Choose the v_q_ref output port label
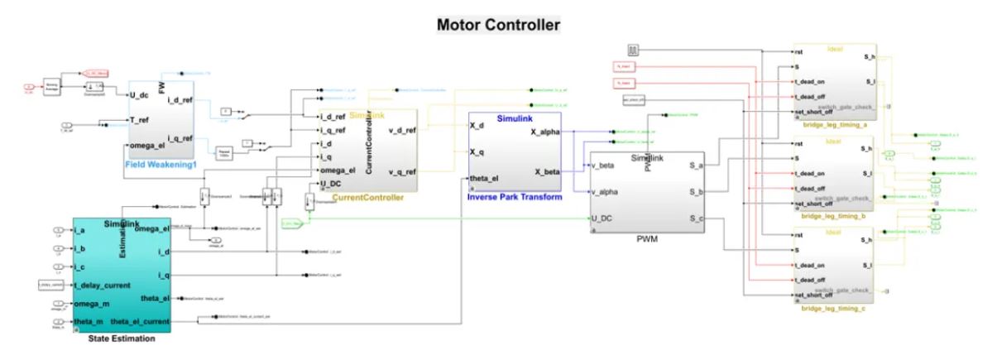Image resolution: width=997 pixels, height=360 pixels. [401, 171]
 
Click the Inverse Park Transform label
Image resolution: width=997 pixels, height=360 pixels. [515, 197]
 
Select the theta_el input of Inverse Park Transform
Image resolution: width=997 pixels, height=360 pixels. [487, 180]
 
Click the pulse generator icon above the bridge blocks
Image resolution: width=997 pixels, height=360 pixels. [635, 50]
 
